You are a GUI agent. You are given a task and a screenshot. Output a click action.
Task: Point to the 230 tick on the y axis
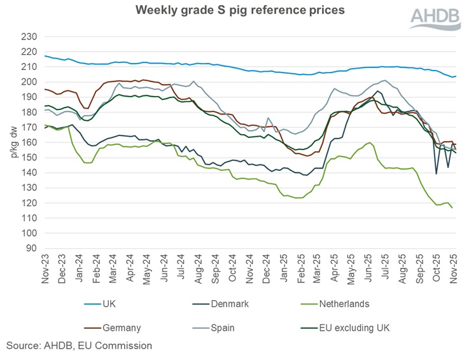pos(29,36)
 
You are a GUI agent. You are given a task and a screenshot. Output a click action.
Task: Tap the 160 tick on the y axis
pos(29,142)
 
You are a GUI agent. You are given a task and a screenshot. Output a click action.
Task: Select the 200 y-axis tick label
pos(29,82)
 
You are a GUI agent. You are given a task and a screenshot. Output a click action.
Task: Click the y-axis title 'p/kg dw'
pos(12,141)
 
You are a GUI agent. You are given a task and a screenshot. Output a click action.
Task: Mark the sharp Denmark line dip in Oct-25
pos(437,174)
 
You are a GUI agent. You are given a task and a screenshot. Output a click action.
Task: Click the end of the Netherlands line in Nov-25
pos(452,207)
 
